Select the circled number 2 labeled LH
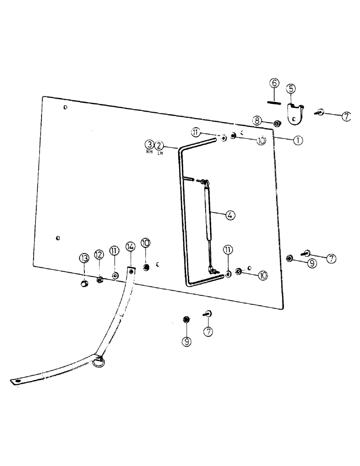[159, 144]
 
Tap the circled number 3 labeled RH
[149, 144]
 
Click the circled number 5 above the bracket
[291, 88]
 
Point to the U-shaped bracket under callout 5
[294, 115]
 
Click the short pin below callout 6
[274, 103]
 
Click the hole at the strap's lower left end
[18, 382]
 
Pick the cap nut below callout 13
[84, 284]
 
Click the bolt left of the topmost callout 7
[321, 112]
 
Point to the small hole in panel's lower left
[57, 238]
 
